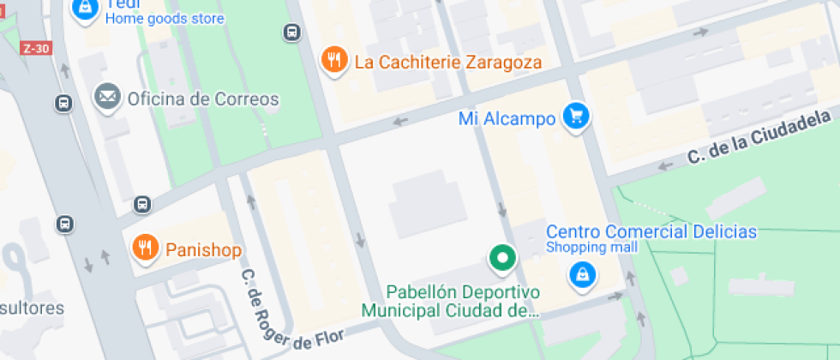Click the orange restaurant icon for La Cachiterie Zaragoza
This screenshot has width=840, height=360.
pyautogui.click(x=333, y=60)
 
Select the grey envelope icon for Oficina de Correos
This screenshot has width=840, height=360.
pyautogui.click(x=108, y=98)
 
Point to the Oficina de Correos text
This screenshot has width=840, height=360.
pyautogui.click(x=203, y=99)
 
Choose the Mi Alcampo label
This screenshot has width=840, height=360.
pyautogui.click(x=507, y=119)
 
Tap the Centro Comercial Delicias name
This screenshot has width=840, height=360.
pyautogui.click(x=651, y=231)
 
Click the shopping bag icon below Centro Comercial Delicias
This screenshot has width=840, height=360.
pyautogui.click(x=583, y=274)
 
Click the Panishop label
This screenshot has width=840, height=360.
pyautogui.click(x=203, y=250)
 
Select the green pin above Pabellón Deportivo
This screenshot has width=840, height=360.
pyautogui.click(x=501, y=256)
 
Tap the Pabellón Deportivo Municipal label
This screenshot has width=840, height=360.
pyautogui.click(x=449, y=301)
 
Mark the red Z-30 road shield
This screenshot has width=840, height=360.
pyautogui.click(x=36, y=49)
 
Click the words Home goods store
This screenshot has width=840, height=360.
pyautogui.click(x=165, y=19)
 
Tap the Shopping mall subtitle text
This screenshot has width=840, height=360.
pyautogui.click(x=591, y=248)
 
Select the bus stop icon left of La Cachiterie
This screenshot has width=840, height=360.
pyautogui.click(x=292, y=33)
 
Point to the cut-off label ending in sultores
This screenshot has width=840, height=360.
pyautogui.click(x=33, y=307)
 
